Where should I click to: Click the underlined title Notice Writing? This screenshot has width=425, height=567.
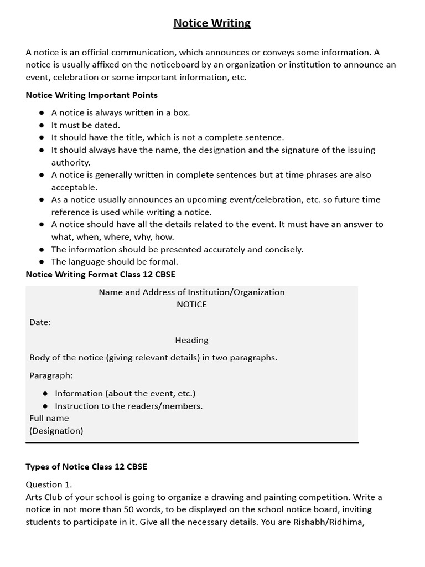[212, 23]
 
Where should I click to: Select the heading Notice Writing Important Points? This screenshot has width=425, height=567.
[92, 95]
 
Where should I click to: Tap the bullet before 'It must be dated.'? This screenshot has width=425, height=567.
[42, 125]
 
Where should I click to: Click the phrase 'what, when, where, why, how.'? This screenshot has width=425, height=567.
[112, 237]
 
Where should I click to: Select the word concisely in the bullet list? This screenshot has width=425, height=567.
[279, 249]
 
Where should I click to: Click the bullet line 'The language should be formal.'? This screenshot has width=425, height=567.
[115, 262]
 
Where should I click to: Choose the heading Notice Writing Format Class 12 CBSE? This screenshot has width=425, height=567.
[101, 275]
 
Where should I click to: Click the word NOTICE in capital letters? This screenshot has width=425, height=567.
[191, 305]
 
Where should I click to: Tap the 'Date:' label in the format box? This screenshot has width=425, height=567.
[40, 322]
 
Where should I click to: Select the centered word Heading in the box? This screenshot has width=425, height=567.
[191, 340]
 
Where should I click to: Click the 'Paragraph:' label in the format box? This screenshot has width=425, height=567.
[51, 375]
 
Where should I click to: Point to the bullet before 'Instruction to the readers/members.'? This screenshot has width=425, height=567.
[45, 406]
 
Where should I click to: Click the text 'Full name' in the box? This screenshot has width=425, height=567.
[49, 418]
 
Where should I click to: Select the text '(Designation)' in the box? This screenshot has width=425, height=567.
[56, 430]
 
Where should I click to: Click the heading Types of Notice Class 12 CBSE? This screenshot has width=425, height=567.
[86, 467]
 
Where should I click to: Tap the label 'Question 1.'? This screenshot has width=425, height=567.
[49, 484]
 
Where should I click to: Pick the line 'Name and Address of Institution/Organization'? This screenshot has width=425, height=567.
[191, 292]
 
